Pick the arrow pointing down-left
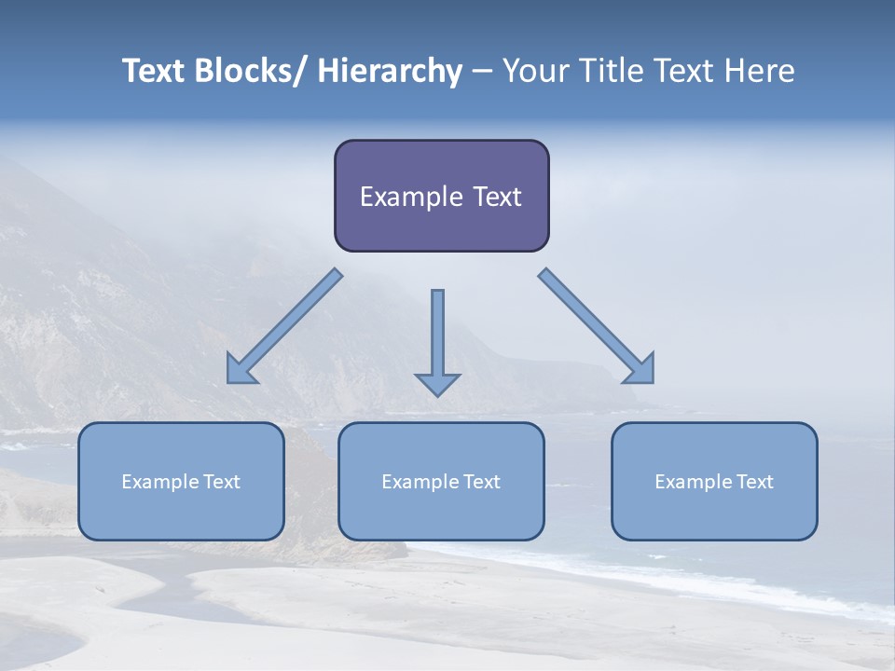[x=284, y=326]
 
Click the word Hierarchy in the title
[x=390, y=71]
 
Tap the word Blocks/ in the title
[x=251, y=71]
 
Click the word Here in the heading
[x=758, y=71]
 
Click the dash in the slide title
[x=481, y=72]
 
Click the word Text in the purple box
[x=496, y=197]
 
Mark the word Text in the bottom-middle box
[x=480, y=482]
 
